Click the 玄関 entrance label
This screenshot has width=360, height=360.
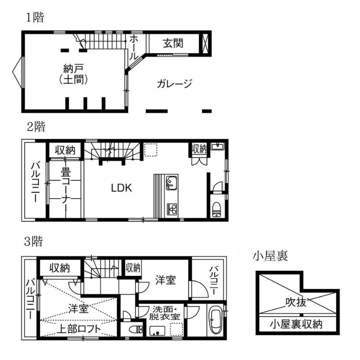pyautogui.click(x=173, y=43)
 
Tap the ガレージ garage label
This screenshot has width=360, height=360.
pyautogui.click(x=174, y=84)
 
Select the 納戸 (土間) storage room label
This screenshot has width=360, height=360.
pyautogui.click(x=73, y=74)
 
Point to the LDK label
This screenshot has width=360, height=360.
pyautogui.click(x=121, y=188)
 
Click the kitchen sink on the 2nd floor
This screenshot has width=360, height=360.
pyautogui.click(x=171, y=183)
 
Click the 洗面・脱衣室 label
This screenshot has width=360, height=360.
pyautogui.click(x=164, y=313)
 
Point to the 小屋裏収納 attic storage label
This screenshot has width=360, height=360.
pyautogui.click(x=296, y=324)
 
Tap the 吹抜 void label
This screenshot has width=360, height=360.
pyautogui.click(x=296, y=302)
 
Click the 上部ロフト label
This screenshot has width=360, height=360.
pyautogui.click(x=79, y=329)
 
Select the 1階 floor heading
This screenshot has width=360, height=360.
pyautogui.click(x=35, y=18)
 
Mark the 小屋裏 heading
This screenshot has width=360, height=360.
pyautogui.click(x=270, y=256)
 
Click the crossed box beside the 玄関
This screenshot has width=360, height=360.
pyautogui.click(x=205, y=44)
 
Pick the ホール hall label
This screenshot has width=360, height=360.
pyautogui.click(x=134, y=48)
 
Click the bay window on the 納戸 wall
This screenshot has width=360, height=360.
pyautogui.click(x=18, y=72)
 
